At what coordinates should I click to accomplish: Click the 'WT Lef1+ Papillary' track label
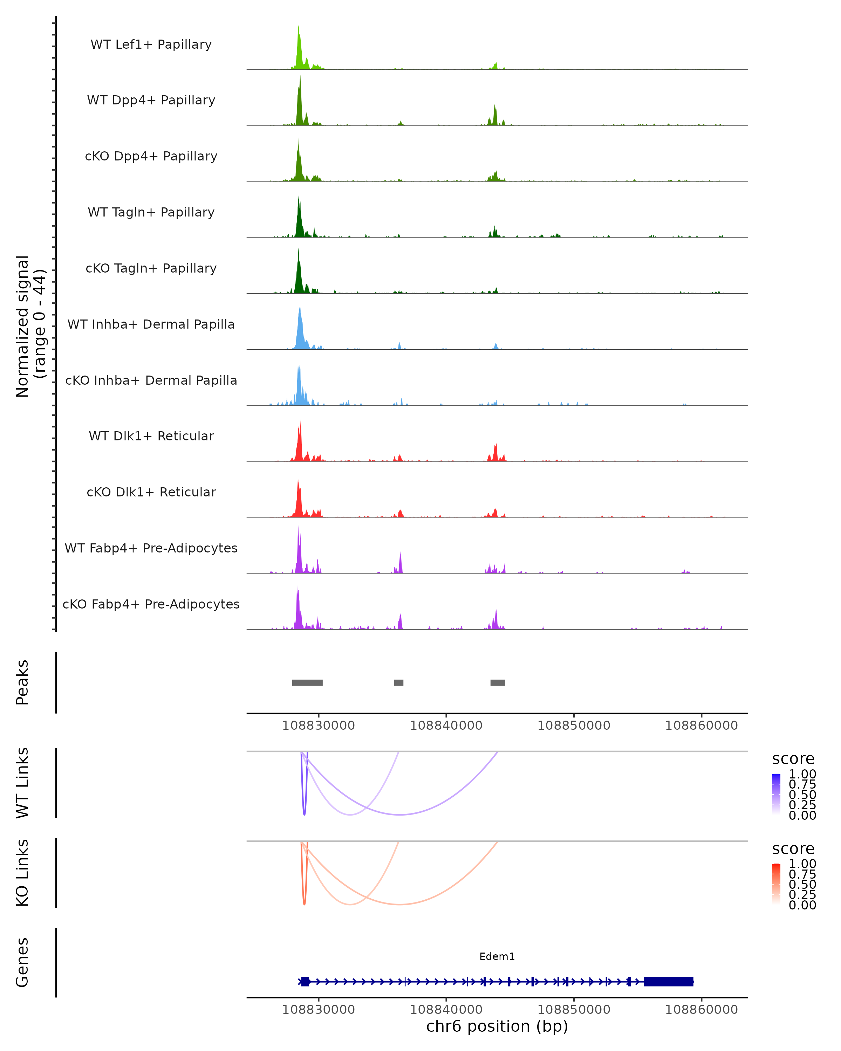click(x=151, y=44)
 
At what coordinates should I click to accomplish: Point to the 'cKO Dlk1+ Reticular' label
click(x=151, y=492)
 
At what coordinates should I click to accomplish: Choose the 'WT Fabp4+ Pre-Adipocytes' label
click(x=151, y=548)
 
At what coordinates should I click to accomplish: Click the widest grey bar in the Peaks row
click(x=307, y=682)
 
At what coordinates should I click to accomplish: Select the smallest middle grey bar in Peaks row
click(x=398, y=682)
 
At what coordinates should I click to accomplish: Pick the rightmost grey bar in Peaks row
click(x=498, y=682)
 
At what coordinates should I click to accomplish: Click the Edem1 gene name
click(x=497, y=956)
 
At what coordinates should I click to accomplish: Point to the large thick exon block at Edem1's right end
click(x=668, y=981)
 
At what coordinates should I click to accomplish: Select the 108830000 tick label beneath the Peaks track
click(x=319, y=726)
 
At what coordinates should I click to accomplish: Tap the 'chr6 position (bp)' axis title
click(x=497, y=1026)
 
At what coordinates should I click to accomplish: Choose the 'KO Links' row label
click(x=22, y=873)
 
